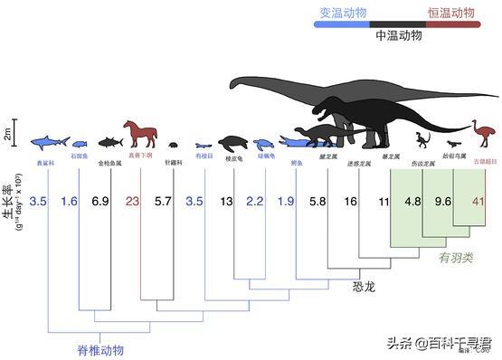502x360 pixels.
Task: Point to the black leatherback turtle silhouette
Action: coord(235,143)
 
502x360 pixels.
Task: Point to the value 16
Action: coord(350,203)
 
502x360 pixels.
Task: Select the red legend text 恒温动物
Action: coord(450,13)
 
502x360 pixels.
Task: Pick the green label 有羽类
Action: coord(456,257)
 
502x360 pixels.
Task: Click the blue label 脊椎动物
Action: coord(99,349)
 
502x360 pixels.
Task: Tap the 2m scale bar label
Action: coord(7,135)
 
